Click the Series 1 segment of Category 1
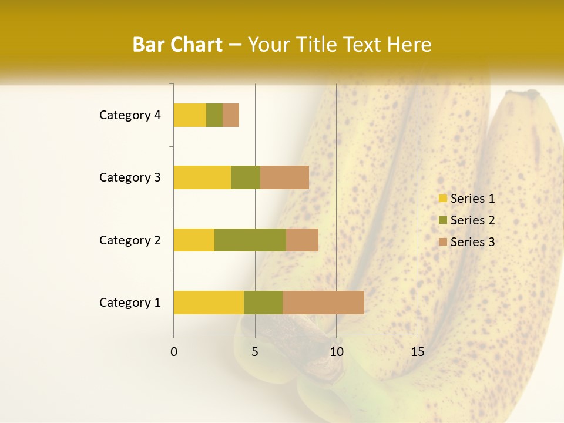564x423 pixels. point(209,303)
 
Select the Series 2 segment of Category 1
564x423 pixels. point(263,303)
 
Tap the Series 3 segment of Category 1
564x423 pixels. point(323,303)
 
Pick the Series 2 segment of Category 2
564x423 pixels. point(250,240)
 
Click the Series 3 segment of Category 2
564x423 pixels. point(302,240)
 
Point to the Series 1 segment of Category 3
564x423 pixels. point(202,177)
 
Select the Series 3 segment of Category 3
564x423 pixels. point(284,177)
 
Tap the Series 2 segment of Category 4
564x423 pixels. point(214,115)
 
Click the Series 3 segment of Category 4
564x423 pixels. point(231,115)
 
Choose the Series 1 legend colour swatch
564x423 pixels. point(442,199)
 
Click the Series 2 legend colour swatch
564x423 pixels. point(442,220)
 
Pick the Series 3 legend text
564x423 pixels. point(472,242)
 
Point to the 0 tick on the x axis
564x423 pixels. point(174,352)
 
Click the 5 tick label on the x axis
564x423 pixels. point(255,352)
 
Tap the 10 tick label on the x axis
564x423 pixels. point(336,352)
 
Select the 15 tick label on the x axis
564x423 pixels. point(417,352)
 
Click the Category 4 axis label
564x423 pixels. point(130,115)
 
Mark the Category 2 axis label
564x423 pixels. point(130,240)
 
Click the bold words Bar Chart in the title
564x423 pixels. point(177,45)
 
